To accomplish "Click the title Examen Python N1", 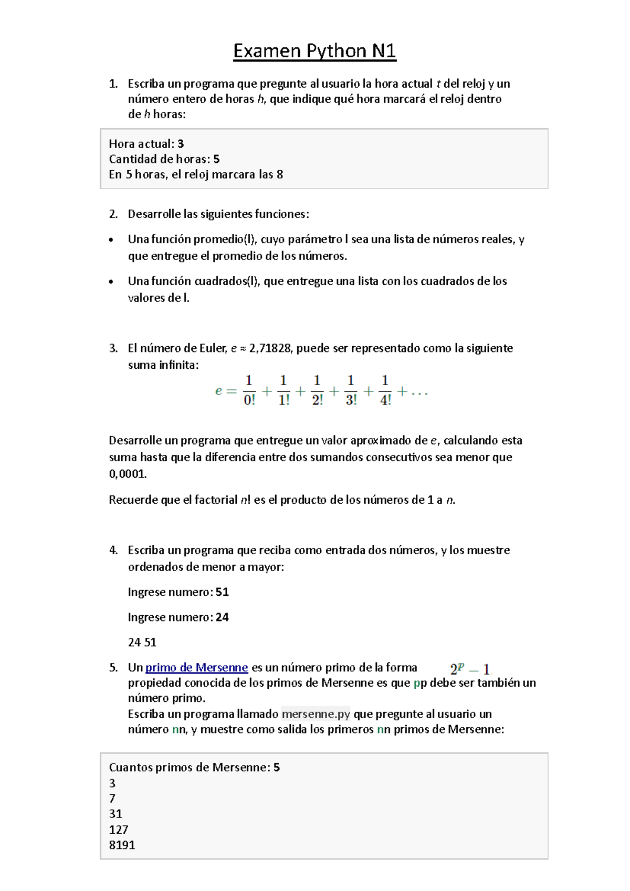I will tap(314, 51).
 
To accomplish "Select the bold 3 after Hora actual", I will tap(181, 144).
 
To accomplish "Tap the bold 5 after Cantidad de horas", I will tap(216, 159).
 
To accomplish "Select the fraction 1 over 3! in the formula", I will tap(351, 390).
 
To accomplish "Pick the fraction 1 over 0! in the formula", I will tap(249, 390).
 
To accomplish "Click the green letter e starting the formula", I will tap(218, 391).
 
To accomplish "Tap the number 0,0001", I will tap(128, 474).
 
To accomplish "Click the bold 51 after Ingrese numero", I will tap(222, 592).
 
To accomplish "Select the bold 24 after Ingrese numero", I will tap(222, 617).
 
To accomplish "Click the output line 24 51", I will tap(142, 643).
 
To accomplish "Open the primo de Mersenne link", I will tap(196, 668).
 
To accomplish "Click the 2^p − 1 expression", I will tap(470, 669).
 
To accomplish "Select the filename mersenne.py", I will tap(316, 714).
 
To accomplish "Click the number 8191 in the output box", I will tap(122, 845).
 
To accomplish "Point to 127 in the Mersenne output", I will tap(119, 830).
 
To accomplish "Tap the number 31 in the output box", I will tap(115, 814).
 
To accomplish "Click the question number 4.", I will tap(113, 551).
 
